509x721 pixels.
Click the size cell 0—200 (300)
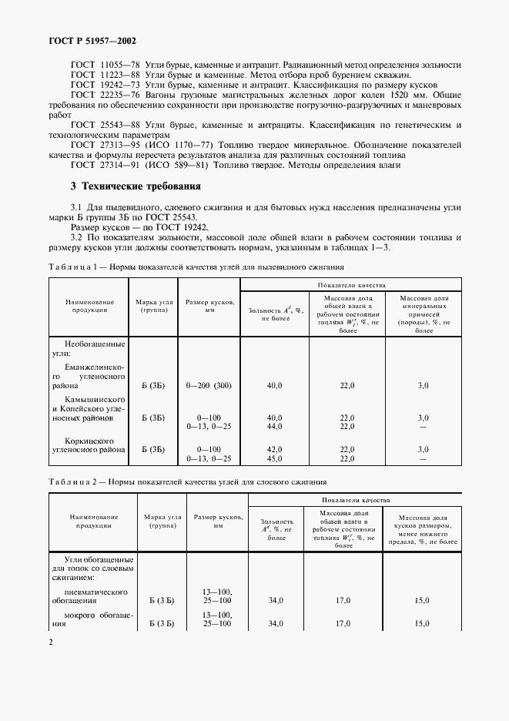point(209,385)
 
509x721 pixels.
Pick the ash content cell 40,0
point(274,385)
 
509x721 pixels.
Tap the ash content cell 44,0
point(274,426)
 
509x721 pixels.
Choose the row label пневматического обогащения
point(89,596)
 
